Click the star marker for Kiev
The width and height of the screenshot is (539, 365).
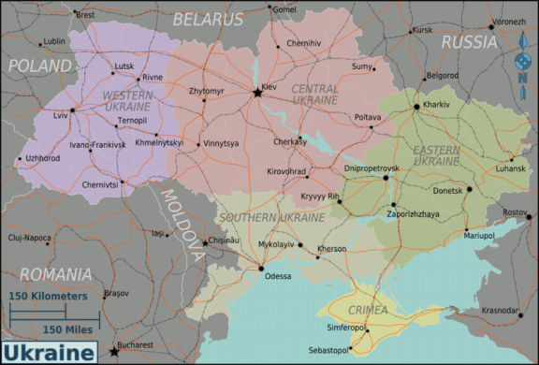pyautogui.click(x=257, y=92)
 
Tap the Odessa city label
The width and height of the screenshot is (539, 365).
pyautogui.click(x=278, y=276)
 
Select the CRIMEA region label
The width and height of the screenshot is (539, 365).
pyautogui.click(x=367, y=309)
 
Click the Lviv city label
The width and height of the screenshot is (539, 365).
pyautogui.click(x=61, y=115)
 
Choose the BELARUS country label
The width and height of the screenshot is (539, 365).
pyautogui.click(x=207, y=18)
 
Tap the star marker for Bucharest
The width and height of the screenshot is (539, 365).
pyautogui.click(x=114, y=352)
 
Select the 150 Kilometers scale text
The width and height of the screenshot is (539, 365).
pyautogui.click(x=49, y=296)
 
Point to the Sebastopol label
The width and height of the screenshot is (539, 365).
pyautogui.click(x=348, y=350)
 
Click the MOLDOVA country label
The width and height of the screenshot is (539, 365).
pyautogui.click(x=182, y=224)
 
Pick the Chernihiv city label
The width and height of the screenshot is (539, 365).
pyautogui.click(x=303, y=43)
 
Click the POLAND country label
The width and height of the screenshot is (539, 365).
pyautogui.click(x=39, y=66)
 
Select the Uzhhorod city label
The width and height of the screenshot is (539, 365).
pyautogui.click(x=43, y=158)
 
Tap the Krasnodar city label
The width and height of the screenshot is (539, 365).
pyautogui.click(x=500, y=310)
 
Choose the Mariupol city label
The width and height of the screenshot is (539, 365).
pyautogui.click(x=479, y=235)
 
